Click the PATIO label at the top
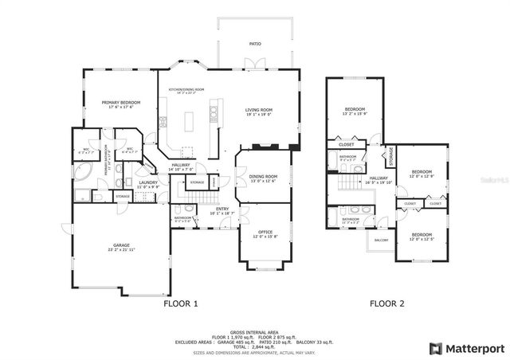(255, 44)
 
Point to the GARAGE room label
(122, 247)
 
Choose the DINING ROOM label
(263, 177)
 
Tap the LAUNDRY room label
(148, 182)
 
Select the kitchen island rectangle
(190, 121)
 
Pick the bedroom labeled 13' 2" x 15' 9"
(355, 109)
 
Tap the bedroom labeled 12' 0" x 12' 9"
(422, 172)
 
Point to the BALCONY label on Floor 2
(382, 240)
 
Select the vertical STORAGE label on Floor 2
(391, 154)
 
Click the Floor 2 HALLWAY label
(378, 178)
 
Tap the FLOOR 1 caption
(181, 303)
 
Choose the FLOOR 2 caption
(386, 303)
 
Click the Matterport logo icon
(435, 348)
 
